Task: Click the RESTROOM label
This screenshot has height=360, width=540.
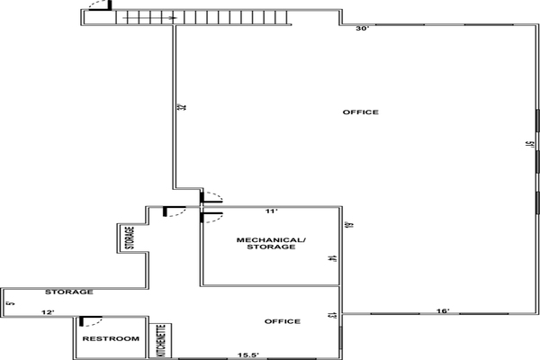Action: click(111, 338)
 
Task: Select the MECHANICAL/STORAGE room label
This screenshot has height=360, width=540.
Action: click(271, 243)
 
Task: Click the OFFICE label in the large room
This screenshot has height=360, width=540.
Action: click(361, 112)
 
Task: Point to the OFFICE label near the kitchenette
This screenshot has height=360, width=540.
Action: click(283, 321)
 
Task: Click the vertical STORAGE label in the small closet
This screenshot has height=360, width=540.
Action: click(130, 238)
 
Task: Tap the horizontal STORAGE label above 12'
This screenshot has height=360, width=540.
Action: click(69, 292)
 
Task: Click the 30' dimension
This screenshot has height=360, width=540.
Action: click(363, 29)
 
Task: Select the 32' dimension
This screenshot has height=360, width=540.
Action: click(182, 107)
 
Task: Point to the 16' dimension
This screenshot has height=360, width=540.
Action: click(443, 311)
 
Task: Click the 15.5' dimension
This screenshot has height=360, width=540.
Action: click(248, 355)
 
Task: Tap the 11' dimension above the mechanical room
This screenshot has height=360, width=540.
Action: click(272, 211)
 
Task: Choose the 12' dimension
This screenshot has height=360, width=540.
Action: click(48, 312)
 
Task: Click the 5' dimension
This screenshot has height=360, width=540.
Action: click(11, 303)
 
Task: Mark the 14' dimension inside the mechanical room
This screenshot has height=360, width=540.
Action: click(331, 258)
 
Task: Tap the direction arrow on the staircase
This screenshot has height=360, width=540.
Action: click(149, 18)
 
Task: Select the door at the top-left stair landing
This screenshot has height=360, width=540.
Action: click(100, 6)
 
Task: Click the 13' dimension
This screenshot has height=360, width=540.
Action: click(331, 316)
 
